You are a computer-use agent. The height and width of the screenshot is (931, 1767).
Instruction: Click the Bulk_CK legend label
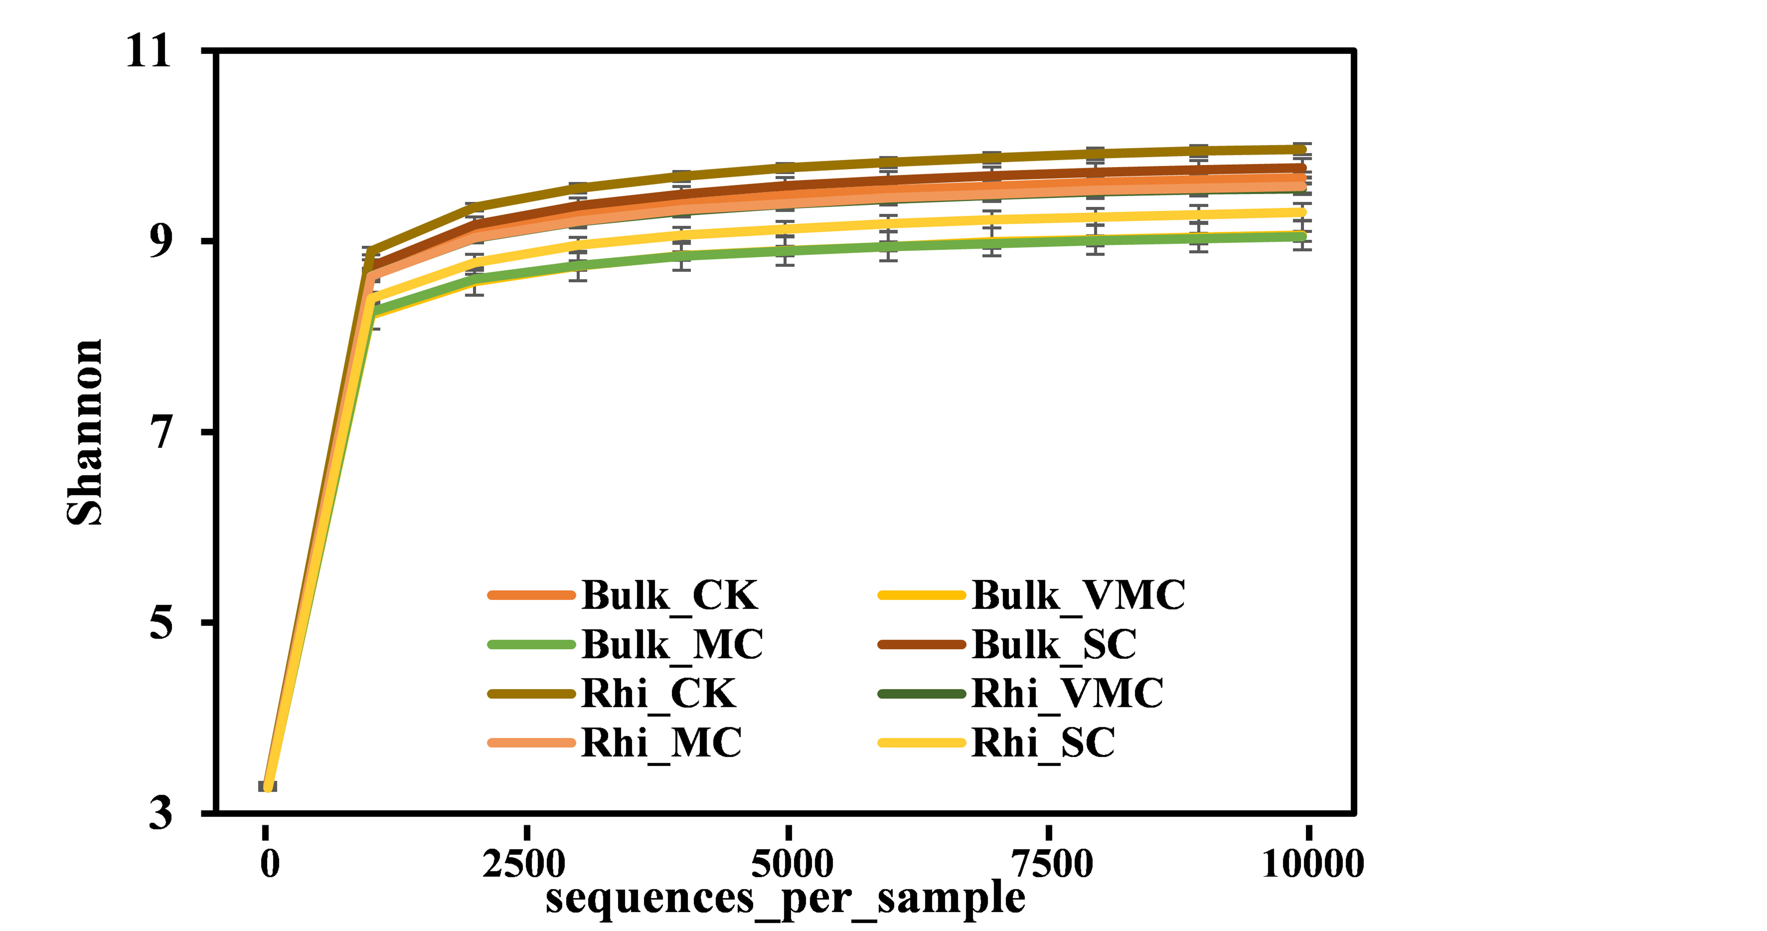669,596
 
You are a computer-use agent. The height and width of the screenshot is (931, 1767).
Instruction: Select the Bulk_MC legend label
672,645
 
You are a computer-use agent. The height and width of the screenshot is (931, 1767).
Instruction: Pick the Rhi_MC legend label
661,743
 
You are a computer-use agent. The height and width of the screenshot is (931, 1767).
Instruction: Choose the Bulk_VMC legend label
1078,596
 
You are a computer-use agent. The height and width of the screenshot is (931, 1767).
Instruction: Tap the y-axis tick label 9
160,241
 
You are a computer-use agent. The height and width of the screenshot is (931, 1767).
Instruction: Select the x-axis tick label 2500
524,864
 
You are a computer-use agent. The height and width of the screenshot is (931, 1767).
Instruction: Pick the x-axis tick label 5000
792,864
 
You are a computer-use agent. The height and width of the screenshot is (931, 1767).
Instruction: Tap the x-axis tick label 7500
1052,864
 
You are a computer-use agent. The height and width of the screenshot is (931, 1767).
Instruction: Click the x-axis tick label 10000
1313,864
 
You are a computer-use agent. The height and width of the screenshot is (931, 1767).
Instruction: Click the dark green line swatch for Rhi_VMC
922,694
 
